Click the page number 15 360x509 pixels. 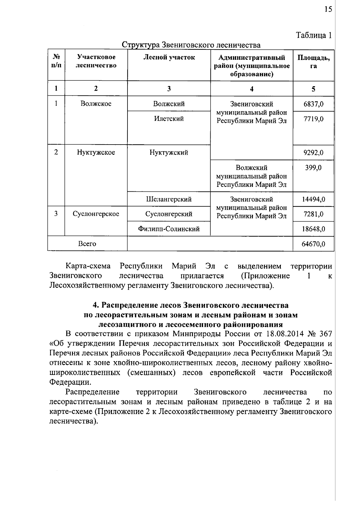pyautogui.click(x=328, y=9)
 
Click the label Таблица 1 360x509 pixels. pyautogui.click(x=314, y=35)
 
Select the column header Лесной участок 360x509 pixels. pyautogui.click(x=169, y=57)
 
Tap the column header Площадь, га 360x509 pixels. pyautogui.click(x=313, y=61)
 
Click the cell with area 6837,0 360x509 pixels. pyautogui.click(x=313, y=104)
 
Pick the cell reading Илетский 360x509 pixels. pyautogui.click(x=169, y=119)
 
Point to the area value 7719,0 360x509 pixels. pyautogui.click(x=313, y=119)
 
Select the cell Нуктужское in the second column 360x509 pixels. pyautogui.click(x=96, y=152)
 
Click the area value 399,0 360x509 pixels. pyautogui.click(x=313, y=168)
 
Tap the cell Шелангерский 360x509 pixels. pyautogui.click(x=169, y=199)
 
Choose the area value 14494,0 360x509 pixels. pyautogui.click(x=313, y=199)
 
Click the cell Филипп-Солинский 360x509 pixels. pyautogui.click(x=169, y=229)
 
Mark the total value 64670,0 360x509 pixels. pyautogui.click(x=313, y=244)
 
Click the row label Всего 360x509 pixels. pyautogui.click(x=87, y=244)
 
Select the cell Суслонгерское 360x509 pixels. pyautogui.click(x=96, y=214)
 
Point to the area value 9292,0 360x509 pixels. pyautogui.click(x=313, y=153)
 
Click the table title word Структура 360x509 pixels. pyautogui.click(x=140, y=45)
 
